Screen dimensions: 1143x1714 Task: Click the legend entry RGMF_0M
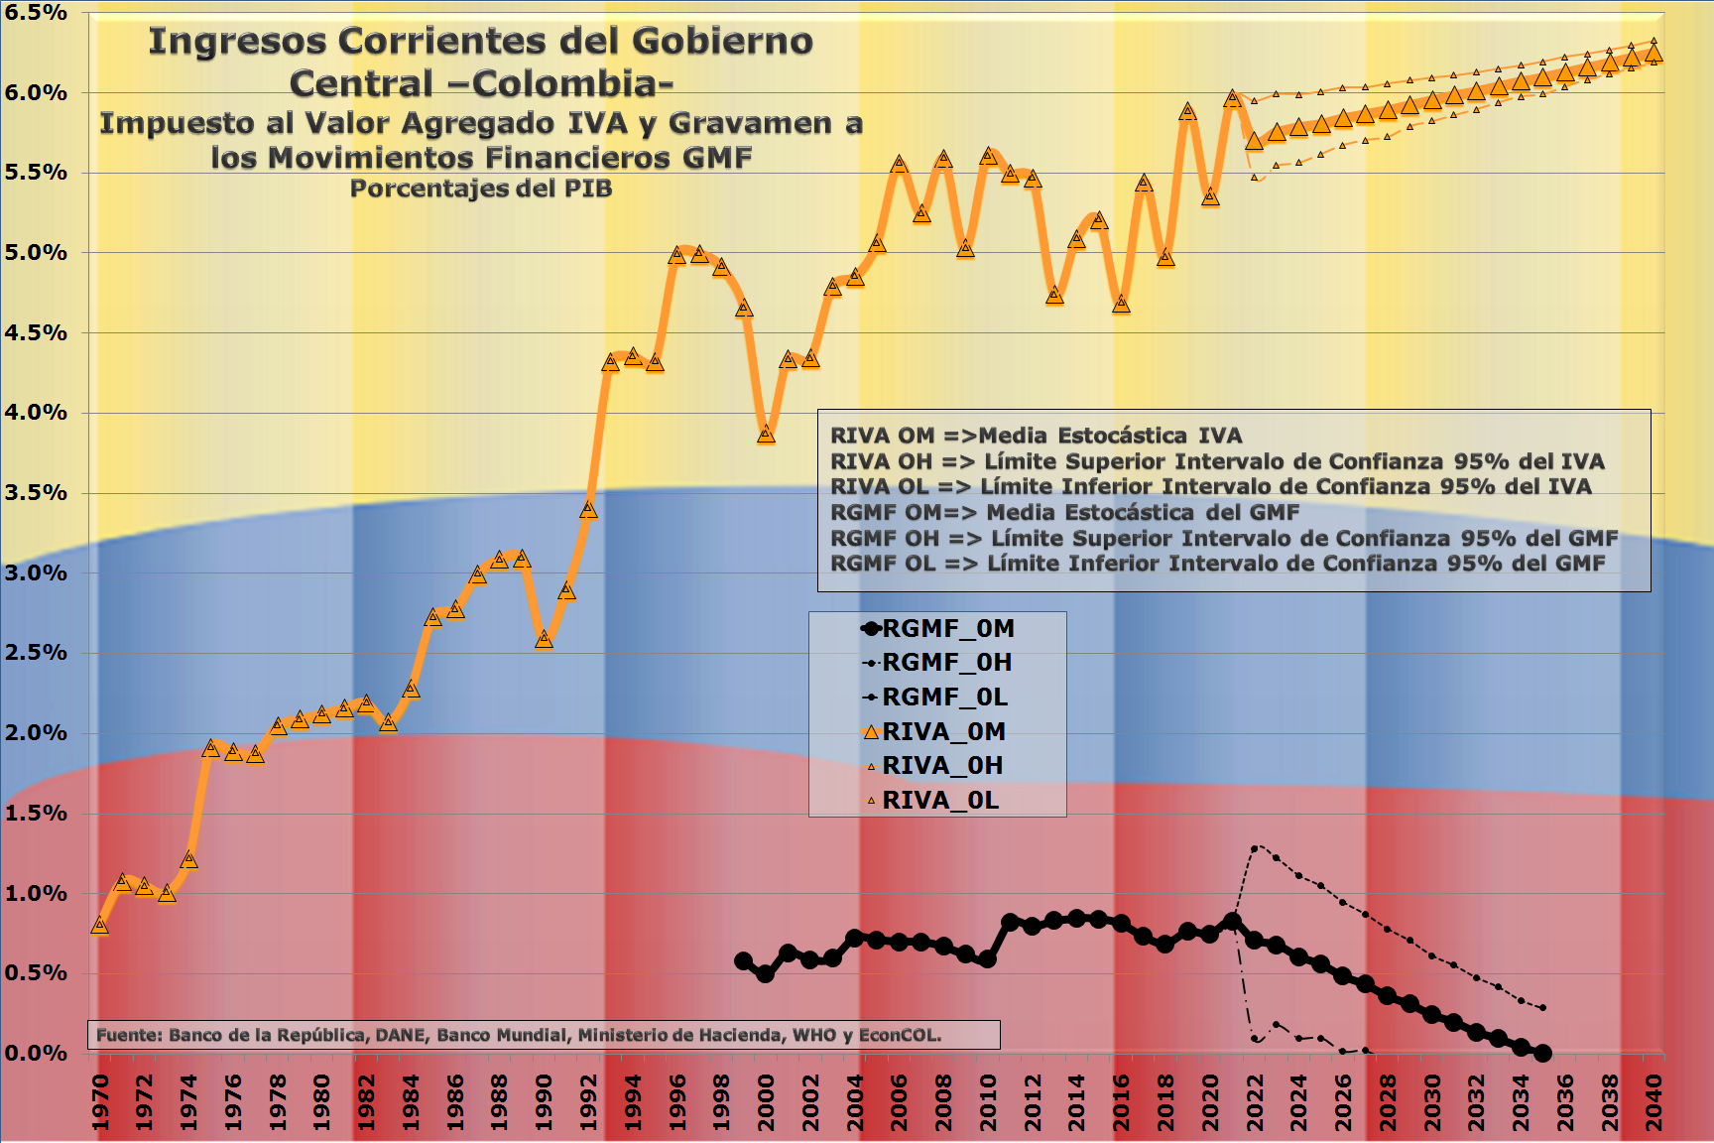click(947, 629)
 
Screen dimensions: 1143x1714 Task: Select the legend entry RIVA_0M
click(943, 732)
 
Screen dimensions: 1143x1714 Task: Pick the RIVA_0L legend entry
click(939, 801)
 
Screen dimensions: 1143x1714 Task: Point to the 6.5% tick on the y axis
click(36, 13)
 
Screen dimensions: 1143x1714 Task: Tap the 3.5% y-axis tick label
click(36, 493)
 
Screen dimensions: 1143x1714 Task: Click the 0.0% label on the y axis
click(36, 1053)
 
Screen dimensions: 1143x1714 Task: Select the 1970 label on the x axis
click(100, 1101)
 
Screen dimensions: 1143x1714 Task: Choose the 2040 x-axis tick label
click(1653, 1101)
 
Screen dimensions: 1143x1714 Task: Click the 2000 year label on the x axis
click(766, 1101)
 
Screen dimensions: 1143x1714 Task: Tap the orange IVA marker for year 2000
click(766, 435)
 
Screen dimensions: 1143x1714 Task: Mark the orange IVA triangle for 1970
click(99, 925)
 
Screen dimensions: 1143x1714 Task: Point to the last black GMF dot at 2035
click(1542, 1053)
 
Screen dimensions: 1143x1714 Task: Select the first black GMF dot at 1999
click(743, 961)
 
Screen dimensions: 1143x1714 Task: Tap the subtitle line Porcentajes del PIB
click(481, 189)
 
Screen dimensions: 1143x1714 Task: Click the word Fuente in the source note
click(127, 1035)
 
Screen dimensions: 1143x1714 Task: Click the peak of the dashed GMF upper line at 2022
click(1256, 848)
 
